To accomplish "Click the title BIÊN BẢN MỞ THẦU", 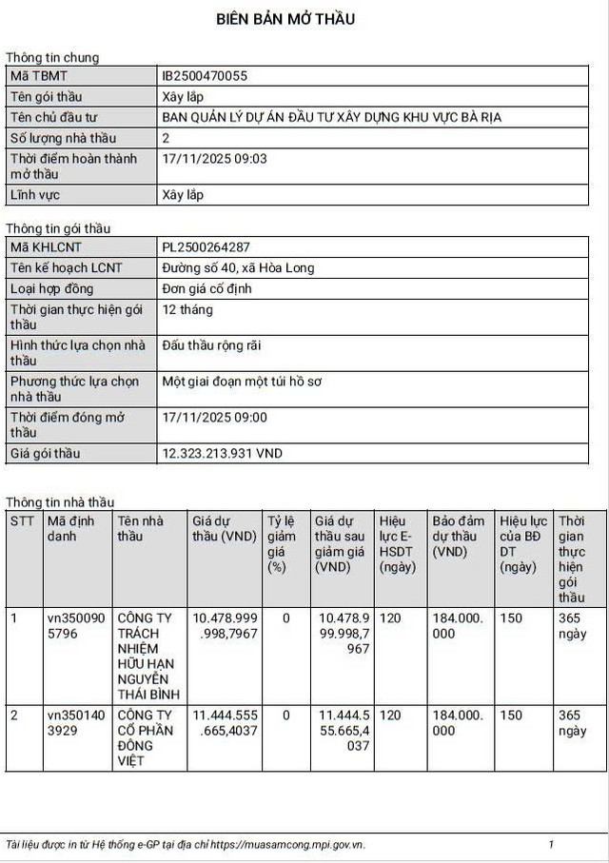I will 285,19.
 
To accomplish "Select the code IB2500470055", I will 205,76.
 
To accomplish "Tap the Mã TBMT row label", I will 39,76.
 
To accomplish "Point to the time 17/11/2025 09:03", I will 215,159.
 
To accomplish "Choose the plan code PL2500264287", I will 206,247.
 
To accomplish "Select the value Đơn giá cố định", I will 206,288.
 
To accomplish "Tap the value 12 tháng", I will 187,309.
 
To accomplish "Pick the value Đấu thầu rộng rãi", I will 211,345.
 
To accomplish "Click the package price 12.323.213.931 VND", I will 222,454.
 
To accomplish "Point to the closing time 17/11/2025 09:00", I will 215,417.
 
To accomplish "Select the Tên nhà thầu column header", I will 141,528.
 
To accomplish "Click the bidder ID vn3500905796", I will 71,625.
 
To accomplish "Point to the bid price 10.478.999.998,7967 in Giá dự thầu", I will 225,625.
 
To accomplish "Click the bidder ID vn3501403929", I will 71,722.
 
